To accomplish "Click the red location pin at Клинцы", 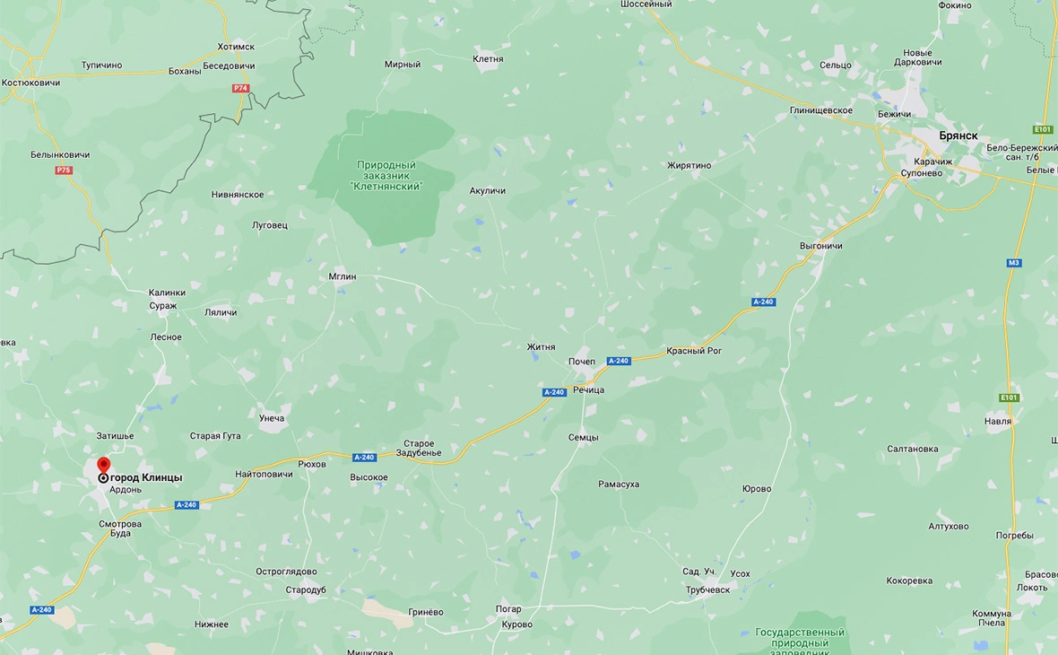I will [103, 466].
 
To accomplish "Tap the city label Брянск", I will [958, 135].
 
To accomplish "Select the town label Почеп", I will [582, 361].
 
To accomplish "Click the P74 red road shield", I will [240, 88].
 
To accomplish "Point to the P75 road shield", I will [64, 170].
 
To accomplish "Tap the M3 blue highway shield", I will [1013, 263].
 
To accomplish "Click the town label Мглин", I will [343, 276].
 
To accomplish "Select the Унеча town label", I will [272, 418].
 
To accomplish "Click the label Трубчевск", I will [708, 589].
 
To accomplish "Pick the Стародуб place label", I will [306, 589].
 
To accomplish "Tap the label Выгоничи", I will [820, 246].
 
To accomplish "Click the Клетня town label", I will [488, 59].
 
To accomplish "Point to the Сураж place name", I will [164, 306].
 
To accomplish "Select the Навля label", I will [998, 421].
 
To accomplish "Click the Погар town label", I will [508, 609].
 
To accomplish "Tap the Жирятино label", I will [689, 165].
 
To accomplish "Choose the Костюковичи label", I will [30, 83].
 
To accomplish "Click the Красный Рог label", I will [694, 351].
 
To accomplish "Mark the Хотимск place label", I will [236, 47].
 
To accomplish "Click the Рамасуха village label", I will [619, 484].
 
